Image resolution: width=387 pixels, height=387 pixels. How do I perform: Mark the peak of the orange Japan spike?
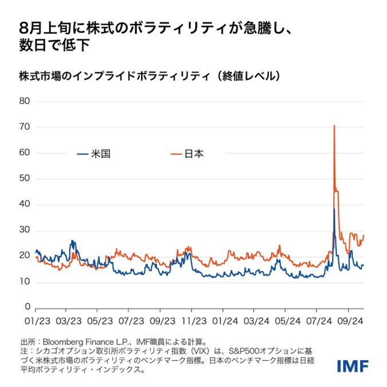click(x=334, y=125)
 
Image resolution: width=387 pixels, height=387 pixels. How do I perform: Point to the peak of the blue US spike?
click(x=334, y=209)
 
